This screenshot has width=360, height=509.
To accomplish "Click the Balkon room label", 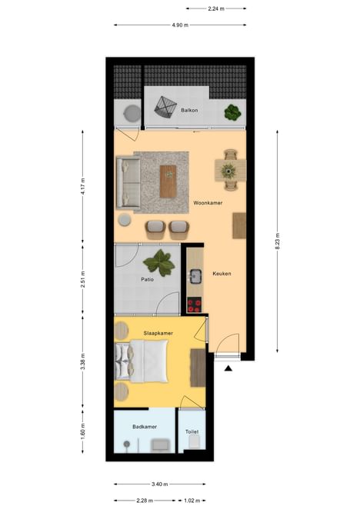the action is pos(189,111).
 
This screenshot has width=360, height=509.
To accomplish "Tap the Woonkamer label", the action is pos(208,203).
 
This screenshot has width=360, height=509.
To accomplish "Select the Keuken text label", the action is pos(222,274).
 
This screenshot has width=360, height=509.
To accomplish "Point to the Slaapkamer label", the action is pos(158,334).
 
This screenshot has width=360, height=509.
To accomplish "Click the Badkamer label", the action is pos(145,427).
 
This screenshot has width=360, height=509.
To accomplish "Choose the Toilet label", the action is pos(192,432).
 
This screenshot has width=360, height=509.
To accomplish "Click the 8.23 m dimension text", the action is pos(277,241).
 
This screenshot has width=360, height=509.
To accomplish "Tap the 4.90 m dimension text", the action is pos(180,25).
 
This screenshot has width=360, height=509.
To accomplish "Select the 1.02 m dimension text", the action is pos(192,501).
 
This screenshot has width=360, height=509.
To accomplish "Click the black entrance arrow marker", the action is pos(228,368).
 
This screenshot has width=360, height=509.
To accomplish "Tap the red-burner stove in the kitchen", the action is pos(195,305).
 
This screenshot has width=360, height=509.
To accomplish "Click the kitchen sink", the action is pos(195,276).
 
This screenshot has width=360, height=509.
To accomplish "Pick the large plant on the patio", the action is pos(159,262).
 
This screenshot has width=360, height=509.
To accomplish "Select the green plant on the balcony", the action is pos(232,113).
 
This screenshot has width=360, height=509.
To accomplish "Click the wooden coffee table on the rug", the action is pos(168,181).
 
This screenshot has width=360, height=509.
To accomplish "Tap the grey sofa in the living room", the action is pos(128,182).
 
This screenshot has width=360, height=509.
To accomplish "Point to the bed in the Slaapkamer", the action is pos(142,361).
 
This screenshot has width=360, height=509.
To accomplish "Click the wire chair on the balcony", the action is pos(165,108).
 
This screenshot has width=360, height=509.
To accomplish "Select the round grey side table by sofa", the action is pos(125,220).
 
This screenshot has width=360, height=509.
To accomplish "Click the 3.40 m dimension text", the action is pos(159,484).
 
